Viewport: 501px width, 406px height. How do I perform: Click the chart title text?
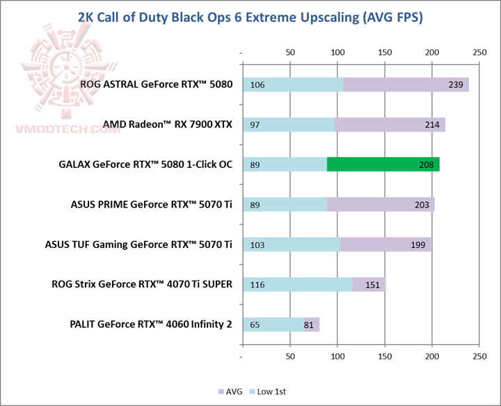pyautogui.click(x=250, y=17)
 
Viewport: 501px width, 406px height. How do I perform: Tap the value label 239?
pyautogui.click(x=455, y=85)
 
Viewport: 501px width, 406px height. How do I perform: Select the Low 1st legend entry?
pyautogui.click(x=269, y=391)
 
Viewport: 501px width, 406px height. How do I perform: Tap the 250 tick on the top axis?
pyautogui.click(x=479, y=52)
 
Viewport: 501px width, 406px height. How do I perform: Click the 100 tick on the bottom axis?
pyautogui.click(x=337, y=356)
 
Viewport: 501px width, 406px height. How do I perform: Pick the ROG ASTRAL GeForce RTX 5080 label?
pyautogui.click(x=156, y=85)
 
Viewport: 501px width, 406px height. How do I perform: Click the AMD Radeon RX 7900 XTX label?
pyautogui.click(x=167, y=125)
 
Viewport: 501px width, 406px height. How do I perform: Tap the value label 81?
pyautogui.click(x=309, y=325)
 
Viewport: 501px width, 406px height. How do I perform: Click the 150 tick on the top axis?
pyautogui.click(x=385, y=52)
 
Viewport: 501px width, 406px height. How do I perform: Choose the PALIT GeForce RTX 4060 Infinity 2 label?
pyautogui.click(x=151, y=325)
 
